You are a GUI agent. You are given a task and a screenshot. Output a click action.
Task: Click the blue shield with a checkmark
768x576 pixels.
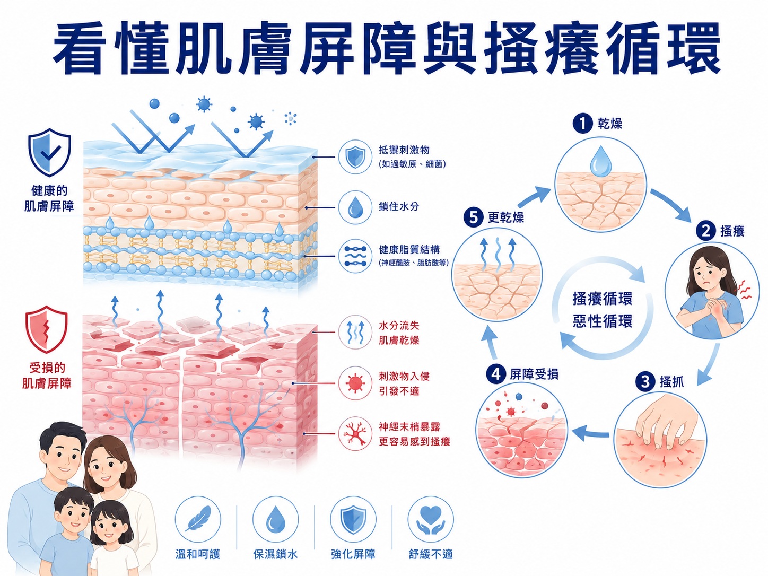point(50,152)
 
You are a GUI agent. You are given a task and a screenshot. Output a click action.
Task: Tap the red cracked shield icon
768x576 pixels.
point(46,329)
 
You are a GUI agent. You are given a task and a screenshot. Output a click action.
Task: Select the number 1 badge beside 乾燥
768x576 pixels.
point(582,124)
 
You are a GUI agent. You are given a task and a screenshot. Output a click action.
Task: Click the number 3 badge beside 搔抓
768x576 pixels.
point(645,381)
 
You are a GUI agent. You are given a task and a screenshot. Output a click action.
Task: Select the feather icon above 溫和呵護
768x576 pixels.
point(198,519)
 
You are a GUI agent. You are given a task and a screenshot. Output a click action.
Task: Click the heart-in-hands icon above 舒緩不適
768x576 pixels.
point(431,519)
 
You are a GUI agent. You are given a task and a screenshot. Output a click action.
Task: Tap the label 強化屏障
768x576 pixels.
point(353,554)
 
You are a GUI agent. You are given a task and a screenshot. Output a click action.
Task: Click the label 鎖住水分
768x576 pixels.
point(399,206)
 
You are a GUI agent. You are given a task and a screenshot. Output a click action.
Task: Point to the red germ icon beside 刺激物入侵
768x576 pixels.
point(355,383)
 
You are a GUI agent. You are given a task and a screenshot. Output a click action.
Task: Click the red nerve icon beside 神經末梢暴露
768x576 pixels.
point(355,434)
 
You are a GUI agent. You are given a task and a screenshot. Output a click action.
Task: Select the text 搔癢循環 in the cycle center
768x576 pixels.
point(602,299)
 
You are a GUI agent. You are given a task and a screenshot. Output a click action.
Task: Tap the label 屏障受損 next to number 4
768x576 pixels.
point(534,374)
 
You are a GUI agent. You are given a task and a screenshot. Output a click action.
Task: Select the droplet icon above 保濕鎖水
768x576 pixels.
point(276,519)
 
